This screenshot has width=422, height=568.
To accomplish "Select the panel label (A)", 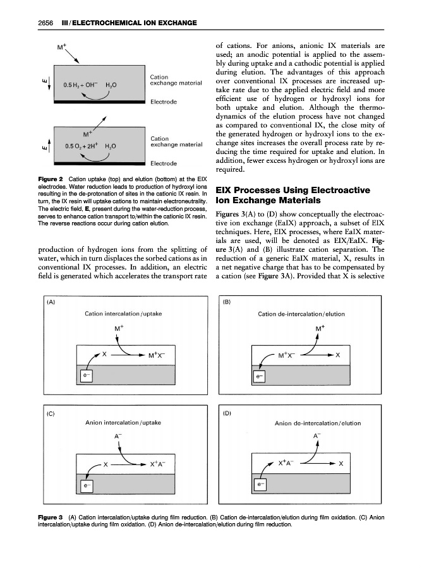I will pyautogui.click(x=51, y=302).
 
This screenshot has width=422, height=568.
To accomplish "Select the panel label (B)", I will pyautogui.click(x=227, y=302).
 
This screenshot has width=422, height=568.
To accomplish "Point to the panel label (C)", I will pyautogui.click(x=51, y=414).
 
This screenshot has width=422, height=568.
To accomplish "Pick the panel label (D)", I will pyautogui.click(x=227, y=414).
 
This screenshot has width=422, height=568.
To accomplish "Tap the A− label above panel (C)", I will pyautogui.click(x=118, y=436).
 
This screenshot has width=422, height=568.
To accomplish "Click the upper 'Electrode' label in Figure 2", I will pyautogui.click(x=164, y=101).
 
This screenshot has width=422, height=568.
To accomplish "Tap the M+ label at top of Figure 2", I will pyautogui.click(x=62, y=46).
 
